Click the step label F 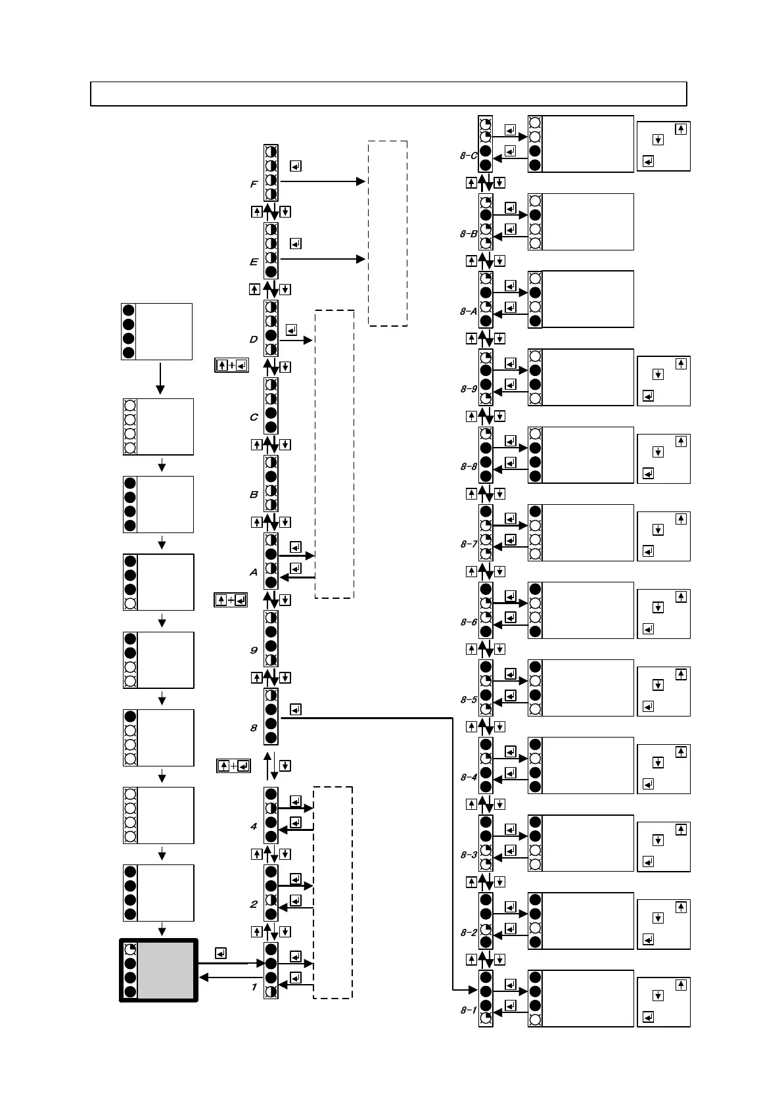[x=254, y=185]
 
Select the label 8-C [x=468, y=156]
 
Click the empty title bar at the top [x=388, y=94]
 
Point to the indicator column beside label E [x=271, y=250]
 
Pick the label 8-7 [x=469, y=544]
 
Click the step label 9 [x=254, y=650]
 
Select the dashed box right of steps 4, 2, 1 [x=333, y=892]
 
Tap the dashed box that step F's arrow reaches [x=388, y=233]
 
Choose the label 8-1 [x=468, y=1010]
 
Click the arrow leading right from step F [x=322, y=181]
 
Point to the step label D [x=254, y=340]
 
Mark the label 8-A [x=468, y=312]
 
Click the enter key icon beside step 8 [x=296, y=709]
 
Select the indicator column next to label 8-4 [x=486, y=765]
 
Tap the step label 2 [x=254, y=905]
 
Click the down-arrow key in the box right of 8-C [x=658, y=139]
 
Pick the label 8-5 [x=469, y=699]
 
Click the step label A [x=254, y=573]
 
